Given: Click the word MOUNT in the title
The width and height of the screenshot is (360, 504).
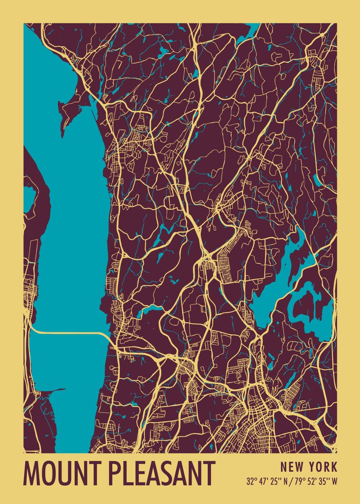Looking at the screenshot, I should point(62,473).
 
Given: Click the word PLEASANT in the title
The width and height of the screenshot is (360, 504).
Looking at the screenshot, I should point(162,473).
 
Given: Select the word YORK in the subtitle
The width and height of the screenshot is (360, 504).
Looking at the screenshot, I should point(322,467).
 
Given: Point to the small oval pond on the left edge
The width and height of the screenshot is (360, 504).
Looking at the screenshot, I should point(29,199).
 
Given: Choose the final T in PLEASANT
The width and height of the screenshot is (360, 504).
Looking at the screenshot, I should point(210,473).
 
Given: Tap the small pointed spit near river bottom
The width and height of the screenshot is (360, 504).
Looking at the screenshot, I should point(55,391).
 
